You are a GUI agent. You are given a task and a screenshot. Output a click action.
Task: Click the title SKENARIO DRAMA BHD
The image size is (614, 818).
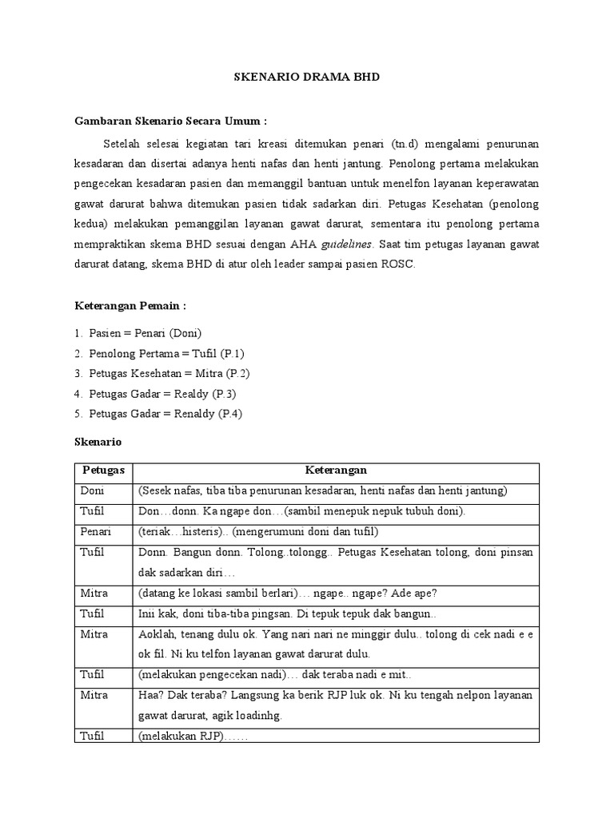point(306,77)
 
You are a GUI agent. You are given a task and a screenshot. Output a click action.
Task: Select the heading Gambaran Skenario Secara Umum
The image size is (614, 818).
point(170,121)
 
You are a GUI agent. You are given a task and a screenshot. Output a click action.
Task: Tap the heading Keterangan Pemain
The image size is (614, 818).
point(130,305)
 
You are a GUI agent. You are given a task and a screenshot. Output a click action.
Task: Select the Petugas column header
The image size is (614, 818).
point(103,471)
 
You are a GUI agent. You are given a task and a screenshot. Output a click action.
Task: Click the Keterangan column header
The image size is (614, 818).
point(336,471)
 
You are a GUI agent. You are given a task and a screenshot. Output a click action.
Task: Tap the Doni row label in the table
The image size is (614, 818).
point(92,490)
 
